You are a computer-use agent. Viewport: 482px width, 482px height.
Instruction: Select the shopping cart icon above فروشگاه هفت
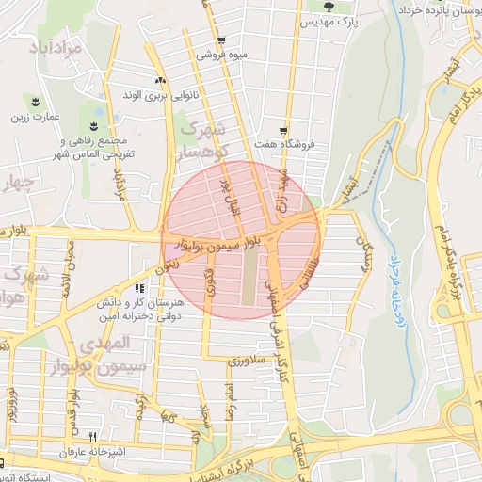(x=283, y=131)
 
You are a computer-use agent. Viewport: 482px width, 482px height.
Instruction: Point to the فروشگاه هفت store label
(x=283, y=145)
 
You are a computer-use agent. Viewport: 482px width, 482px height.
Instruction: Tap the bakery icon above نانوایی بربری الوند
(x=161, y=80)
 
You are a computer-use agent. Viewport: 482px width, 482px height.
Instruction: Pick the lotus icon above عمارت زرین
(x=36, y=103)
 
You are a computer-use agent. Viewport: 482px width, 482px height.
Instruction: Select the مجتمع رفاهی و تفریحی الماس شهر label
(x=95, y=145)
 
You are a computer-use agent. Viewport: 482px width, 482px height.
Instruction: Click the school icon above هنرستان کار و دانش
(x=139, y=289)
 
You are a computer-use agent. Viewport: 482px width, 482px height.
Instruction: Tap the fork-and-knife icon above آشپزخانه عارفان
(x=92, y=437)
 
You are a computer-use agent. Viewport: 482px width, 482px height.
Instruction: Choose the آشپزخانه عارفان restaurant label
(x=91, y=452)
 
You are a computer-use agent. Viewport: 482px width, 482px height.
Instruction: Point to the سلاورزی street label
(x=249, y=361)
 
